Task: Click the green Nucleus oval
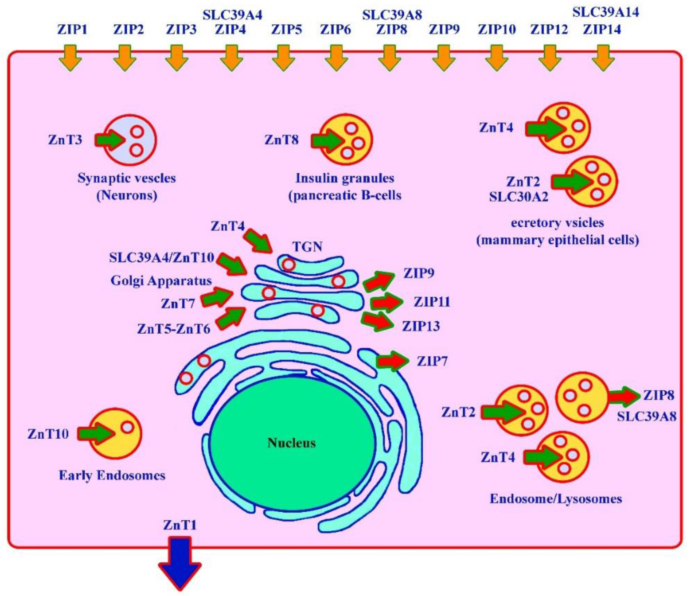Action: click(x=292, y=444)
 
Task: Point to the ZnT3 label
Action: click(x=65, y=140)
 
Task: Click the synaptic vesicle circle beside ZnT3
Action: click(x=130, y=140)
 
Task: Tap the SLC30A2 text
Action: click(x=519, y=197)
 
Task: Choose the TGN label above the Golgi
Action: click(x=307, y=247)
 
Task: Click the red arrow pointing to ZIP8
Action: click(x=624, y=396)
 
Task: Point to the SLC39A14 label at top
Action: click(x=606, y=12)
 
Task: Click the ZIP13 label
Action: click(x=421, y=326)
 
